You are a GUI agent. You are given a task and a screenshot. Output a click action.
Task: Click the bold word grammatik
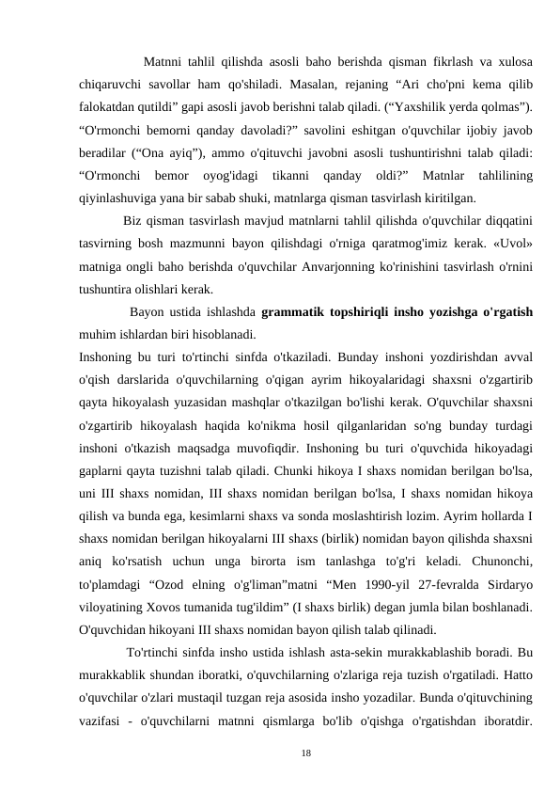point(293,311)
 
